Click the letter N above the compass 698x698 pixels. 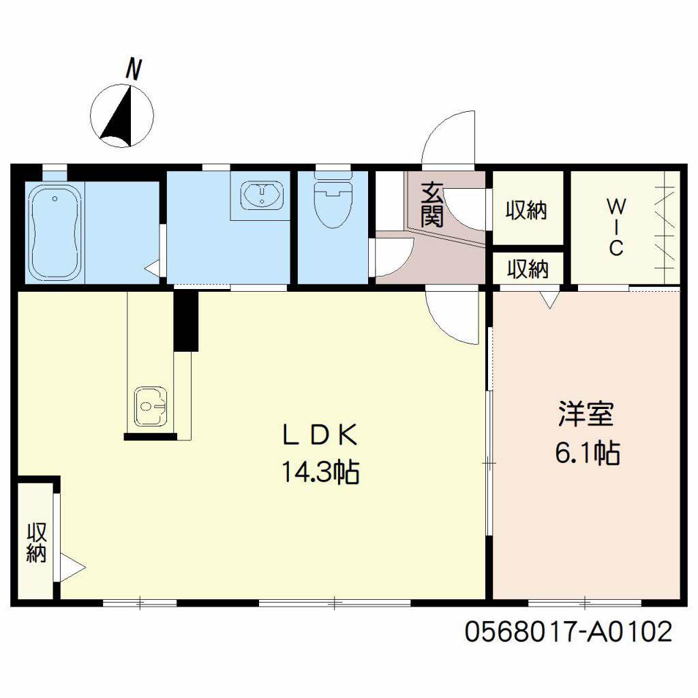[134, 69]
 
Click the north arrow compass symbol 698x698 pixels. [121, 116]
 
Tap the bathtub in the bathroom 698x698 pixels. [55, 232]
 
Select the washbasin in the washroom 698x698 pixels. [262, 195]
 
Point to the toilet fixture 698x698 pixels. [333, 198]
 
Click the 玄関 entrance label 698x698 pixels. [431, 204]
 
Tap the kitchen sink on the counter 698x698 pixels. [151, 406]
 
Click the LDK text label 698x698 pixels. [320, 435]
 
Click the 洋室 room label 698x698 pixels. [586, 414]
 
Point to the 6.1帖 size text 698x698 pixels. [587, 453]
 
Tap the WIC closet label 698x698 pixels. [616, 228]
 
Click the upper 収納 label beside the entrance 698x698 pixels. [526, 210]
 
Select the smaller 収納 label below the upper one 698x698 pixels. [528, 269]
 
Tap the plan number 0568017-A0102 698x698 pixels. [568, 631]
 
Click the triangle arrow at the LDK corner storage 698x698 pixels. [72, 567]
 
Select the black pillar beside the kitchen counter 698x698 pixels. [185, 321]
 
